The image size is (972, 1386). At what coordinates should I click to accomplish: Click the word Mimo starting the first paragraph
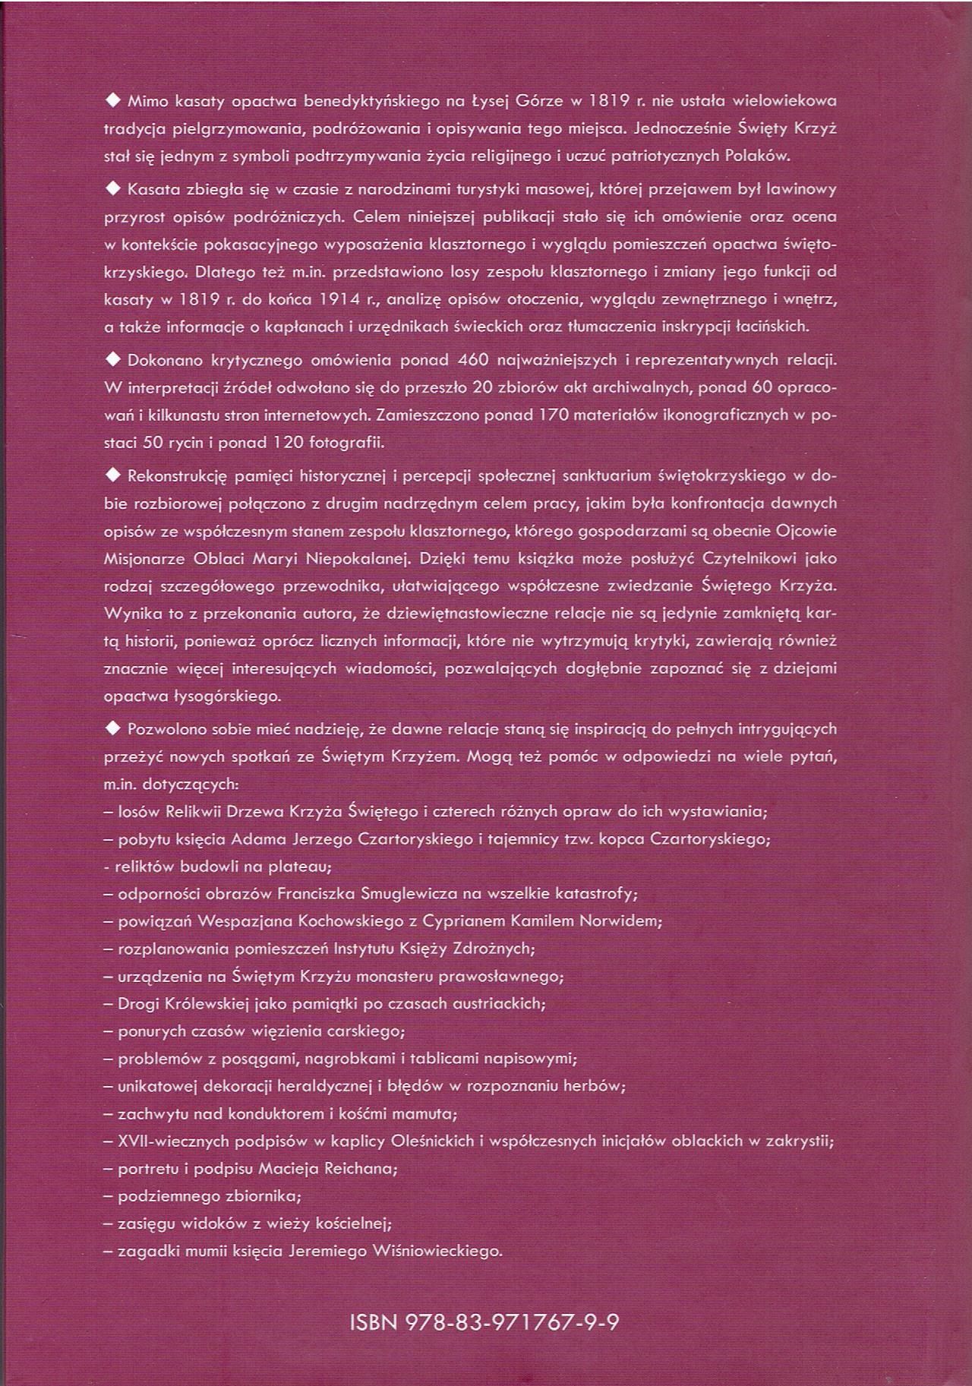(x=147, y=100)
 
